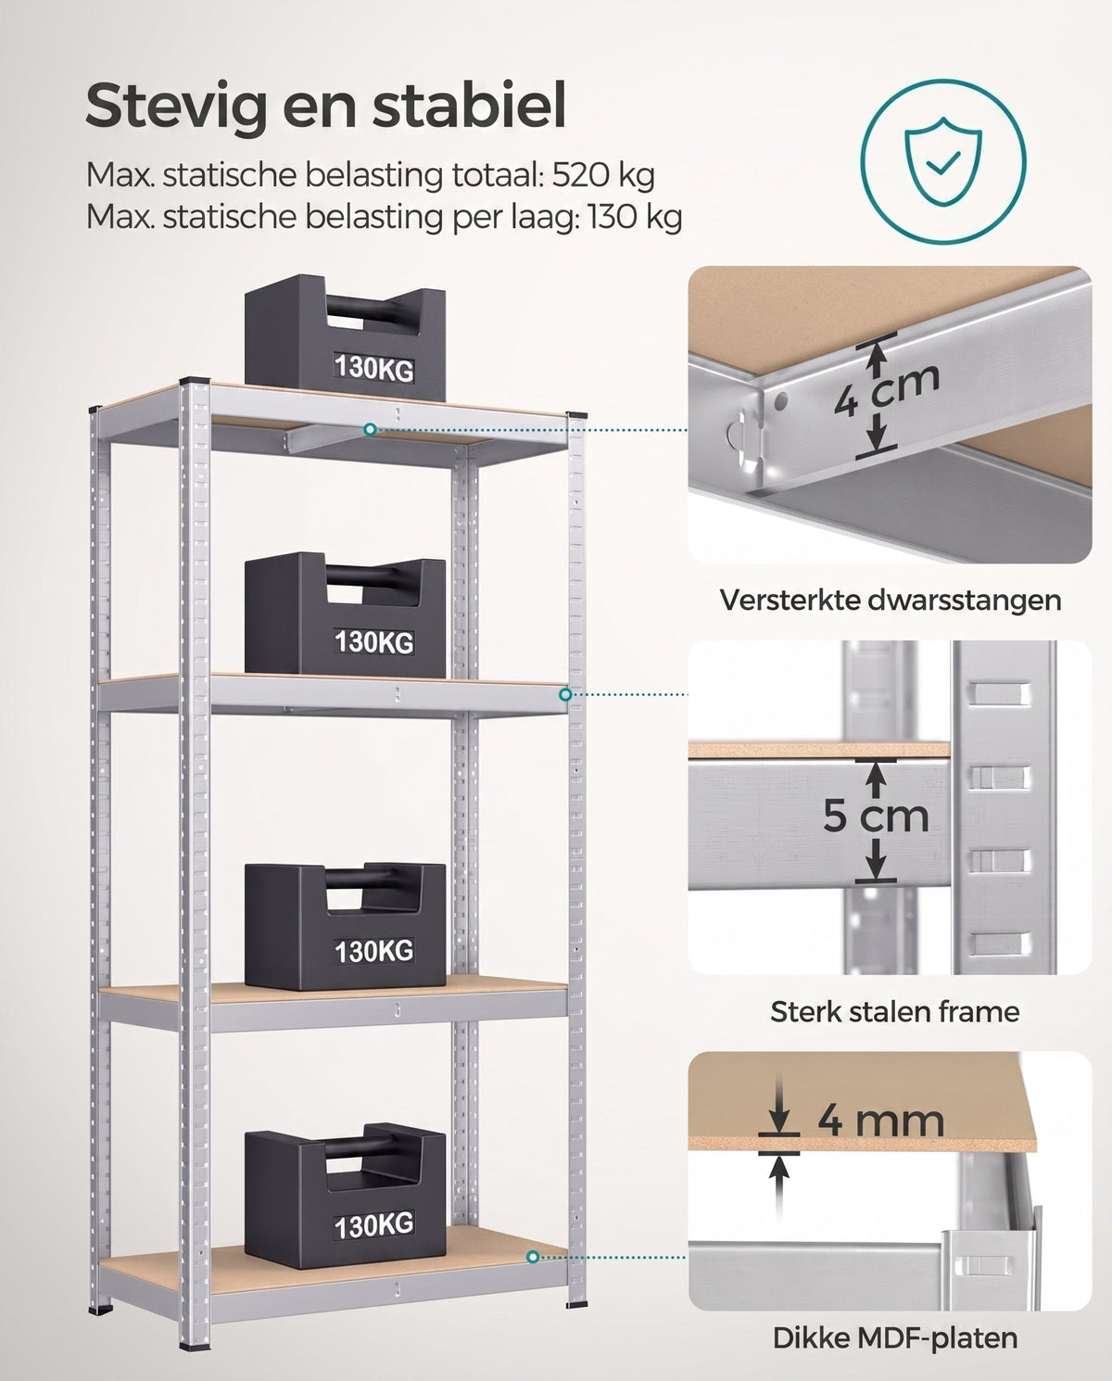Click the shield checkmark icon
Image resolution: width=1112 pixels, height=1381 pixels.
942,161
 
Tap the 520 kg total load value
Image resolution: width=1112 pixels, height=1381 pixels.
603,175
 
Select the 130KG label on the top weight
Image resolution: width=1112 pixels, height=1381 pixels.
374,368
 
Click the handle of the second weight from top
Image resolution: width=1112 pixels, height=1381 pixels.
373,575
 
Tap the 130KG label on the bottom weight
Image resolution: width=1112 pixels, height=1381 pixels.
374,1225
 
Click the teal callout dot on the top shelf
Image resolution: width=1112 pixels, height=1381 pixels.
370,429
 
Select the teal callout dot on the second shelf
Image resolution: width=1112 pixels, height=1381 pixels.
565,694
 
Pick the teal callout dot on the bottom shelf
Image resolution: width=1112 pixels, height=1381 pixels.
533,1257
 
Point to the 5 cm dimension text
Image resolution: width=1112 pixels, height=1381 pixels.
876,816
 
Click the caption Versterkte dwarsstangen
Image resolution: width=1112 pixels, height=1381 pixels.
891,600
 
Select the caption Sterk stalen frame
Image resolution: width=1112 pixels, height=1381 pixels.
895,1012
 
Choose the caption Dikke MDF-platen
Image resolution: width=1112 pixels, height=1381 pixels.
895,1338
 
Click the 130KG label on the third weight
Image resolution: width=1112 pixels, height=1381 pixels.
374,951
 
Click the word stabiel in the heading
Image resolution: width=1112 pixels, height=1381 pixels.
470,105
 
